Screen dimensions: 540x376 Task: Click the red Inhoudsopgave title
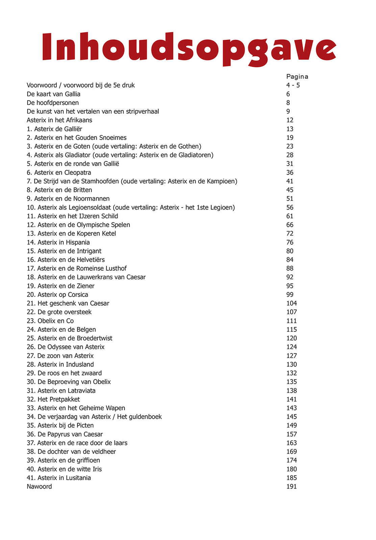point(189,49)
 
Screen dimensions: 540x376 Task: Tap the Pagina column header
point(297,77)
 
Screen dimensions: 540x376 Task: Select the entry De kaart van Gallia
point(53,94)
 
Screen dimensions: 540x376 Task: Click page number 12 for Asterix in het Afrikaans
point(290,120)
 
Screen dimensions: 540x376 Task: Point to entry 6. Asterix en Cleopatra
point(59,172)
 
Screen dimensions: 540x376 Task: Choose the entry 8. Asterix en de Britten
point(59,190)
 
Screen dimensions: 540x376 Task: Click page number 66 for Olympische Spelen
point(290,225)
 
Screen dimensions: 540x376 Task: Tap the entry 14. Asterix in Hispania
point(58,242)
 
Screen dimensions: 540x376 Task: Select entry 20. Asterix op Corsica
point(57,295)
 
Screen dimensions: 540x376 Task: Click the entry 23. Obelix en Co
point(50,321)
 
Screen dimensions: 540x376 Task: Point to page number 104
point(292,303)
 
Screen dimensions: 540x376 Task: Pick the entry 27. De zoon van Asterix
point(60,356)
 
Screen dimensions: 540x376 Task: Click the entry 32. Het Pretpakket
point(53,399)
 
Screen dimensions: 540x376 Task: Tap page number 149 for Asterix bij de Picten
point(292,426)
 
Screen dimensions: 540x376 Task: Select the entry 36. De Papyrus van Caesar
point(65,434)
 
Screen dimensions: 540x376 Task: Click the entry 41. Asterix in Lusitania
point(59,478)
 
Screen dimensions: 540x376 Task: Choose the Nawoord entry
point(39,487)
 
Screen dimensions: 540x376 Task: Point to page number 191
point(292,487)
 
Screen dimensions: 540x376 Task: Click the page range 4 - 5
point(293,85)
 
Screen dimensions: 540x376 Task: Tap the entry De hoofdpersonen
point(53,103)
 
